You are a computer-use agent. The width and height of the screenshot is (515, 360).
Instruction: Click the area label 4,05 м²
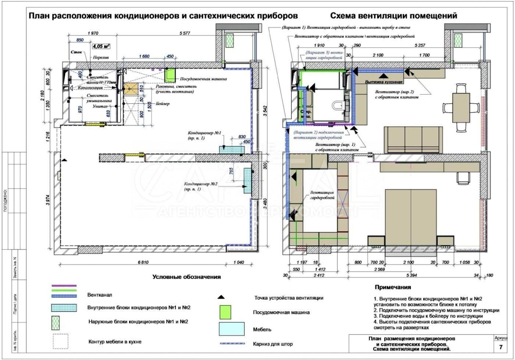point(101,47)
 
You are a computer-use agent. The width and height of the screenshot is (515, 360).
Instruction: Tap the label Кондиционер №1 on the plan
point(205,133)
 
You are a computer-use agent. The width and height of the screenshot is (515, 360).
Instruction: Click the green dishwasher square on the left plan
point(170,75)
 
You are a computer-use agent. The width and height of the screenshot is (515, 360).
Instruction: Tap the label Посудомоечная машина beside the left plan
point(203,79)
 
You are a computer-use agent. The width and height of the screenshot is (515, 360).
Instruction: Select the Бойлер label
point(162,104)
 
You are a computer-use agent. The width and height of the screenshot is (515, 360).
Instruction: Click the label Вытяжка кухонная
point(384,82)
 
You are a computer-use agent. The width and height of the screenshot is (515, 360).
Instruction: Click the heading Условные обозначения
point(187,277)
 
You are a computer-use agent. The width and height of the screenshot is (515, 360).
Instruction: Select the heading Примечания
point(393,287)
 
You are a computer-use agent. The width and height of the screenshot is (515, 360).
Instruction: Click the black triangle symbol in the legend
point(220,297)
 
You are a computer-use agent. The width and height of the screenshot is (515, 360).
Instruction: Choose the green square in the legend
point(225,312)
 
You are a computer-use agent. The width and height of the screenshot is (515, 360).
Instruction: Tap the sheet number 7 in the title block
point(501,347)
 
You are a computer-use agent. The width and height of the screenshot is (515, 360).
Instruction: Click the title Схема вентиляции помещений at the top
point(394,16)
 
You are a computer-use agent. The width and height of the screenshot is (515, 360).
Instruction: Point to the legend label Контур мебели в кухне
point(115,342)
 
